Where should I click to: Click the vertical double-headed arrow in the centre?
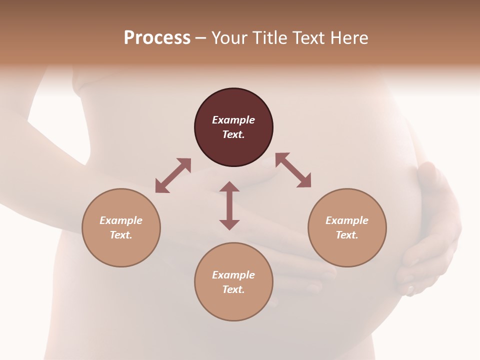pyautogui.click(x=229, y=205)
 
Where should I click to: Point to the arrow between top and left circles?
pyautogui.click(x=173, y=175)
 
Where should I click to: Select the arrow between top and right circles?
pyautogui.click(x=293, y=170)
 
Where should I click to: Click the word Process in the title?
pyautogui.click(x=157, y=37)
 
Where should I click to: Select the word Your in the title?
pyautogui.click(x=228, y=37)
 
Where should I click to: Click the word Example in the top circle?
pyautogui.click(x=233, y=120)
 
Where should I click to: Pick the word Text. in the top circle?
pyautogui.click(x=233, y=134)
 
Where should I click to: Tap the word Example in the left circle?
pyautogui.click(x=121, y=220)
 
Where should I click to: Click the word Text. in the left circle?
pyautogui.click(x=121, y=235)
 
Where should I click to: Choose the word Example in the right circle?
pyautogui.click(x=347, y=220)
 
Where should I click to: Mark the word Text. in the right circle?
pyautogui.click(x=347, y=235)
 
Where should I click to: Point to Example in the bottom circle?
pyautogui.click(x=233, y=275)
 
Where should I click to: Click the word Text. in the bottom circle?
pyautogui.click(x=233, y=289)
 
